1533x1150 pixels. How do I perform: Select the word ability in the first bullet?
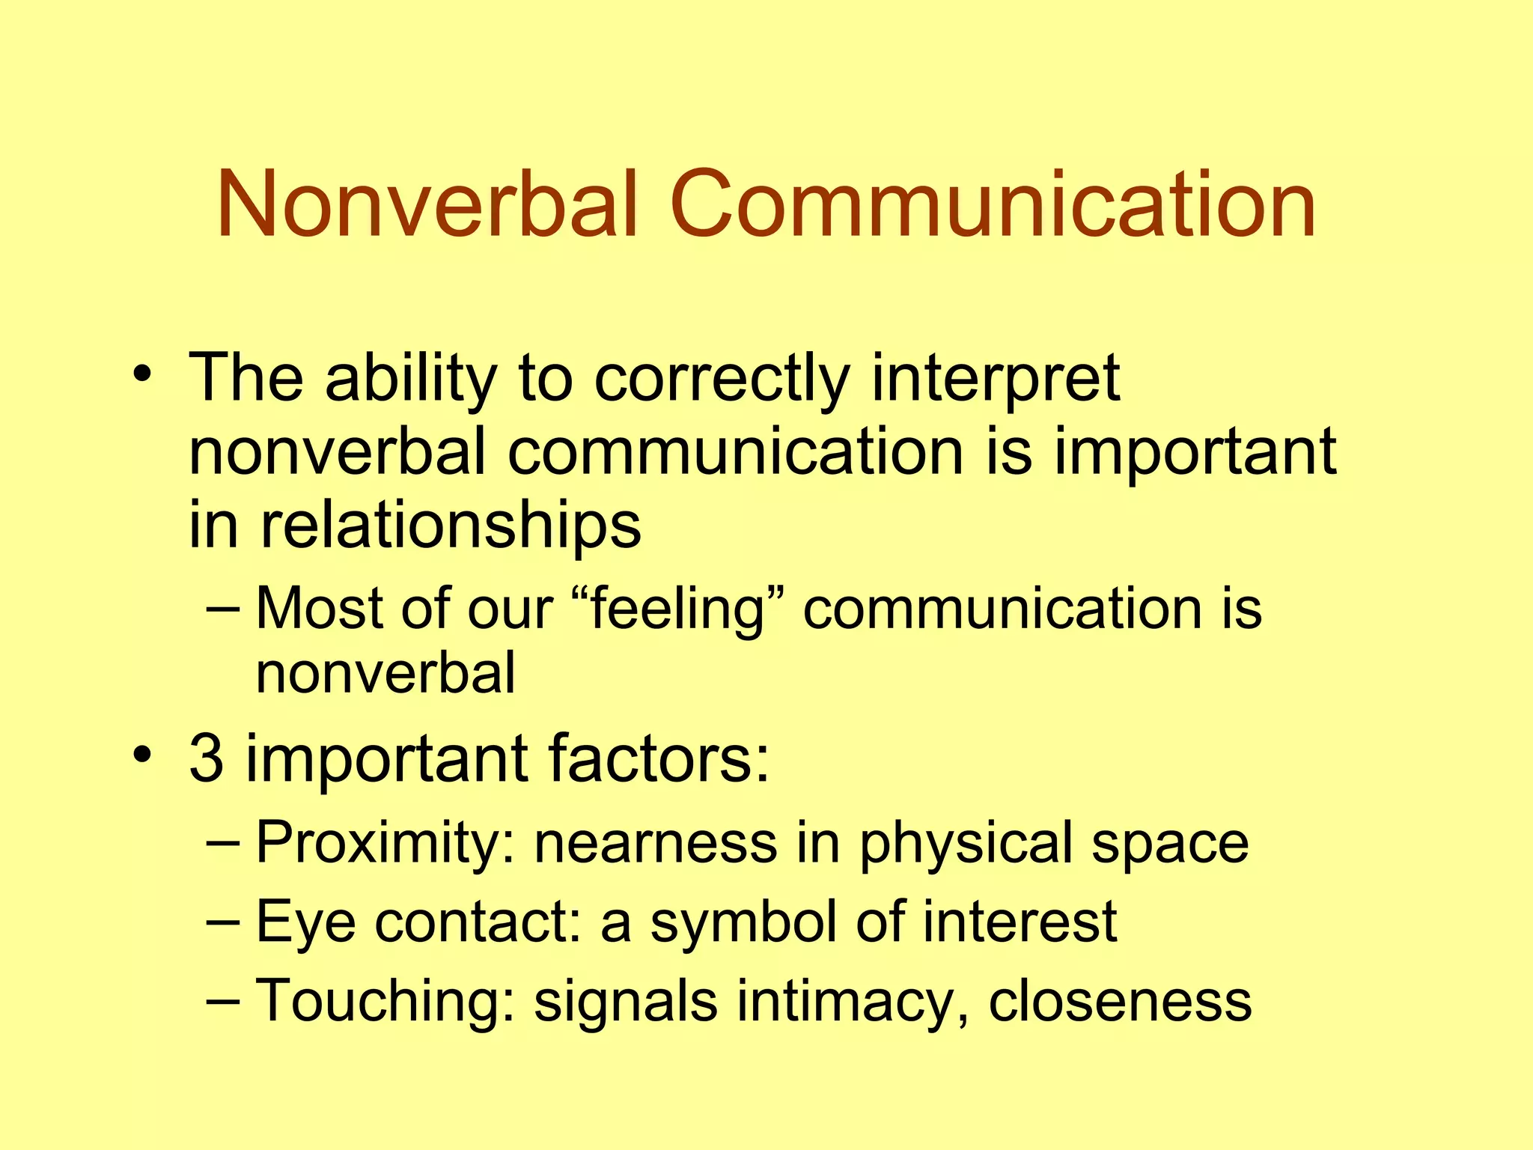[x=411, y=380]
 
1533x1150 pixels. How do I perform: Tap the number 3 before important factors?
[x=207, y=758]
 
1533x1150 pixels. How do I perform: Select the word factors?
[x=659, y=758]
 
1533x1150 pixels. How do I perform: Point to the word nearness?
[x=656, y=843]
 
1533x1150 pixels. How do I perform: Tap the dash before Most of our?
[x=222, y=609]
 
